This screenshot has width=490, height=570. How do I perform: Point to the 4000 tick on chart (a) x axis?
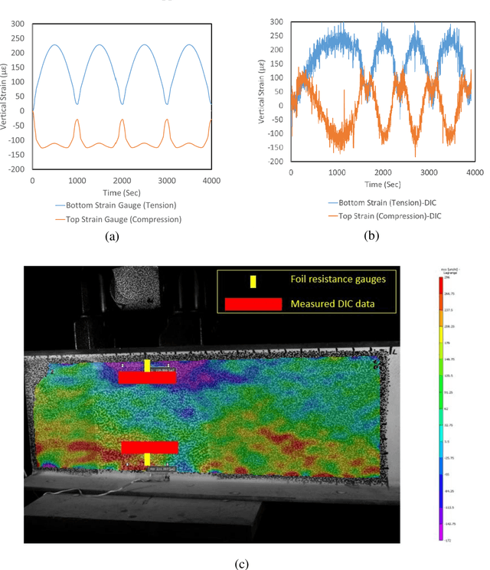tap(211, 180)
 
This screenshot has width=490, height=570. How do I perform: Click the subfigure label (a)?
tap(113, 237)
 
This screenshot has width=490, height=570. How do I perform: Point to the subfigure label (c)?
tap(242, 564)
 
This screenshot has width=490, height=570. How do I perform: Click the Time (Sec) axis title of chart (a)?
tap(121, 192)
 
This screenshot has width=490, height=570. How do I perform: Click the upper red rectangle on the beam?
tap(148, 377)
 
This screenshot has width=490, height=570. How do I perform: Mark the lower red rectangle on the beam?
tap(149, 447)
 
